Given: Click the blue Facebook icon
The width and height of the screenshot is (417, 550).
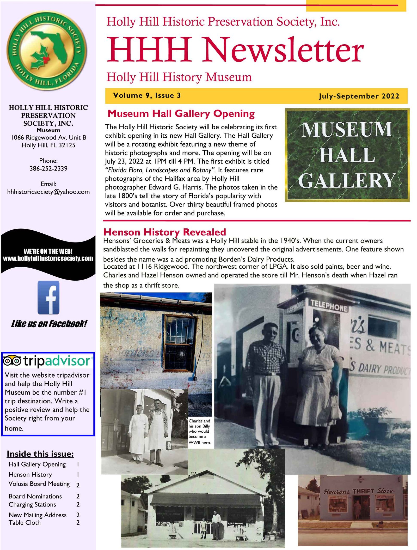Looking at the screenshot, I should [x=48, y=297].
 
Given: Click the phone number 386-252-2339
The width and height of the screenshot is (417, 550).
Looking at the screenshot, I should [x=48, y=168].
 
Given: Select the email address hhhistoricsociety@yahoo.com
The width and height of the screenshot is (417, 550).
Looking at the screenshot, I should [x=48, y=192].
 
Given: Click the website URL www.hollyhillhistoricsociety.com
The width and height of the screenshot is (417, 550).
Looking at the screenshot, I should [x=48, y=258].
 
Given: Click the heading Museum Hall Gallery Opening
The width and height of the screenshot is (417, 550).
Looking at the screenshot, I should [x=181, y=114].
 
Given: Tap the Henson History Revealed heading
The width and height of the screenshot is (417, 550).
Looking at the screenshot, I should [x=164, y=232].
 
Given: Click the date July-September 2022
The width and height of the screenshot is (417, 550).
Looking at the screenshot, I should [x=359, y=96].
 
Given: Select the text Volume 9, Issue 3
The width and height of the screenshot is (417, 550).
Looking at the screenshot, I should [x=147, y=95].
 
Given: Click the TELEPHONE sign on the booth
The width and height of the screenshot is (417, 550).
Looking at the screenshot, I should [x=329, y=306].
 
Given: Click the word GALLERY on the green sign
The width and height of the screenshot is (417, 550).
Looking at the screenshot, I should [x=347, y=180].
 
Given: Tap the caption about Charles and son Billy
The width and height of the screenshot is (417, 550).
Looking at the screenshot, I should [x=199, y=432].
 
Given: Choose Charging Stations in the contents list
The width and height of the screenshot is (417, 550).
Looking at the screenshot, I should [x=32, y=505].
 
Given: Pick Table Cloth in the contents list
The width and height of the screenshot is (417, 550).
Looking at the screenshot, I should [x=25, y=523].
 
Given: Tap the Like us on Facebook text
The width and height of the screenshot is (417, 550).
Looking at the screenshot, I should [x=49, y=324].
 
